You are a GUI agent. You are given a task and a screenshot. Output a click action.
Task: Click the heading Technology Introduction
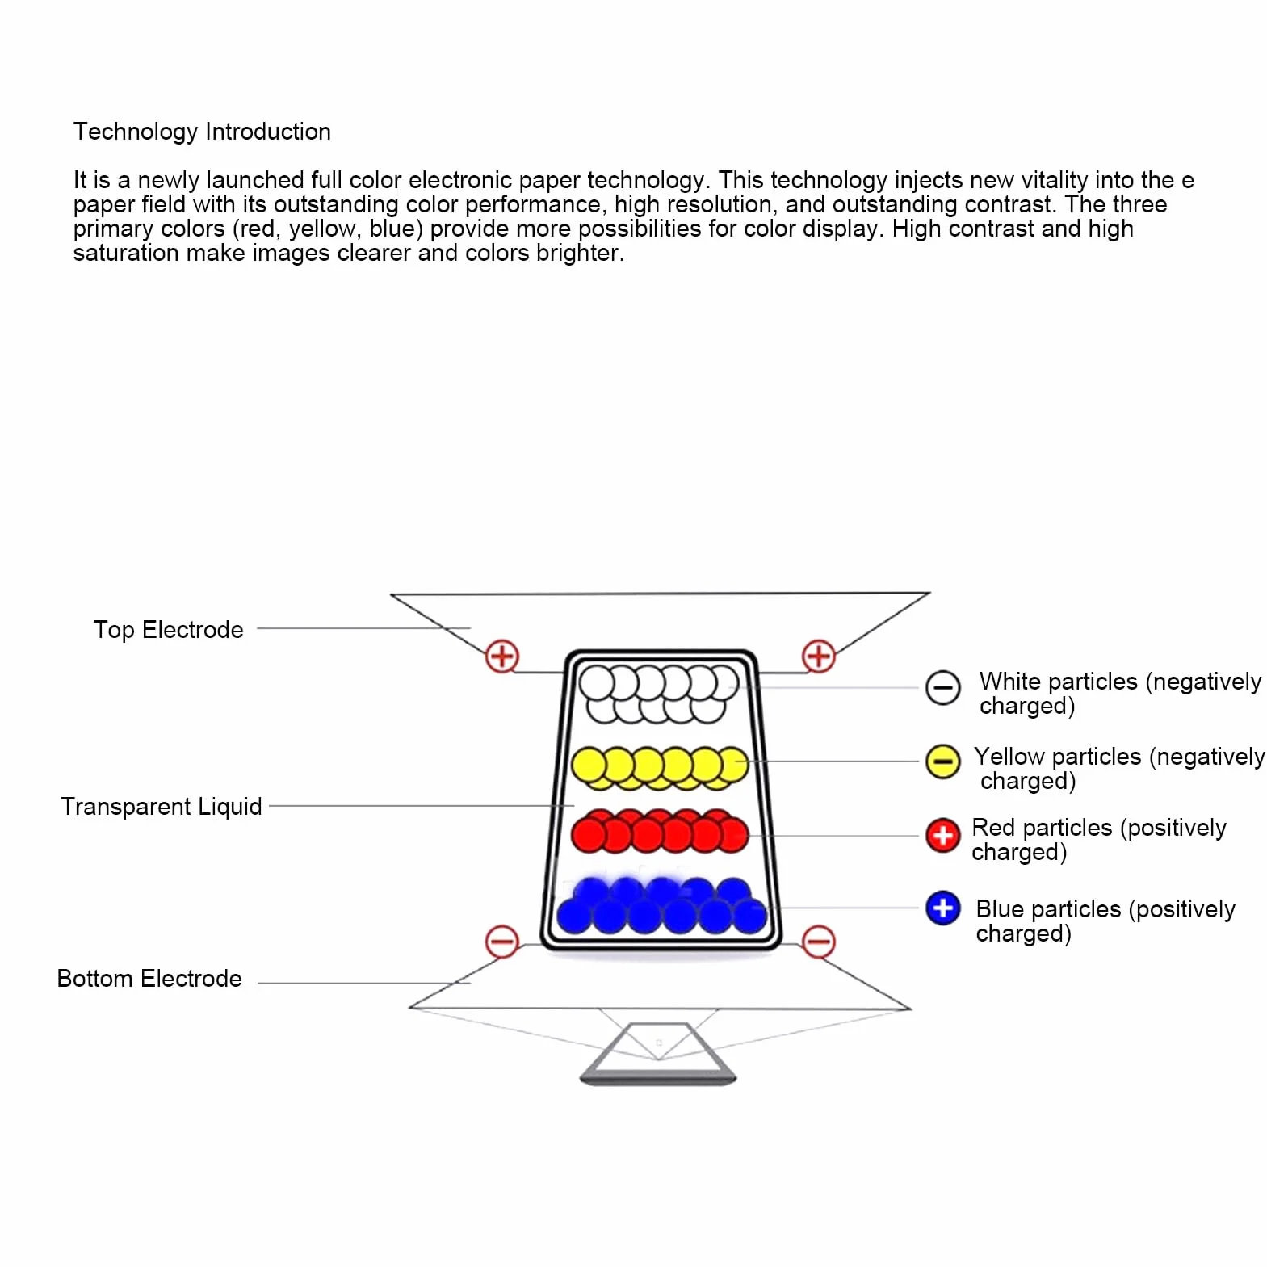(x=202, y=132)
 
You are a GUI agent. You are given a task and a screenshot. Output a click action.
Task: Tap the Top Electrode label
(x=168, y=630)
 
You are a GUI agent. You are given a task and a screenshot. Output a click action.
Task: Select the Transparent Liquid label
(x=162, y=806)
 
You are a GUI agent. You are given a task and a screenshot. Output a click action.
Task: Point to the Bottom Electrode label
(x=149, y=979)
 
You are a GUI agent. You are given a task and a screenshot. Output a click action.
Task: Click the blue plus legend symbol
(x=942, y=908)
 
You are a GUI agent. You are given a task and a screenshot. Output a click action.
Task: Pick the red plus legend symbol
(x=942, y=836)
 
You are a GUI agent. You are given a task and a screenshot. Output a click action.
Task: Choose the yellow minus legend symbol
(x=942, y=761)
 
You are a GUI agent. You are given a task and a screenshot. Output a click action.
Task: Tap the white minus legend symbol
(x=942, y=688)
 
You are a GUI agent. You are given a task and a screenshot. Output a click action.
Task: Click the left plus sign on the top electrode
(x=501, y=656)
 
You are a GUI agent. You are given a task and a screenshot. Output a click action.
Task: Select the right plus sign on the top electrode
(x=818, y=656)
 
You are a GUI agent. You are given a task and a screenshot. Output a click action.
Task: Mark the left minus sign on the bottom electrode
(x=501, y=942)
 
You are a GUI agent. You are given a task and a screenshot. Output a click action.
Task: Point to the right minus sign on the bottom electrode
(x=818, y=942)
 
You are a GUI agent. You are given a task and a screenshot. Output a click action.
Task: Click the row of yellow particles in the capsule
(x=660, y=767)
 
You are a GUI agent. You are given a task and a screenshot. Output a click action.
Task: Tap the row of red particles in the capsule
(x=660, y=831)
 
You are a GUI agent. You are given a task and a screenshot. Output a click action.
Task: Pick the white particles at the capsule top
(x=659, y=693)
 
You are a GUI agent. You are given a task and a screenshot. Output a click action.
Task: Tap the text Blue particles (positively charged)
(x=1105, y=921)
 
